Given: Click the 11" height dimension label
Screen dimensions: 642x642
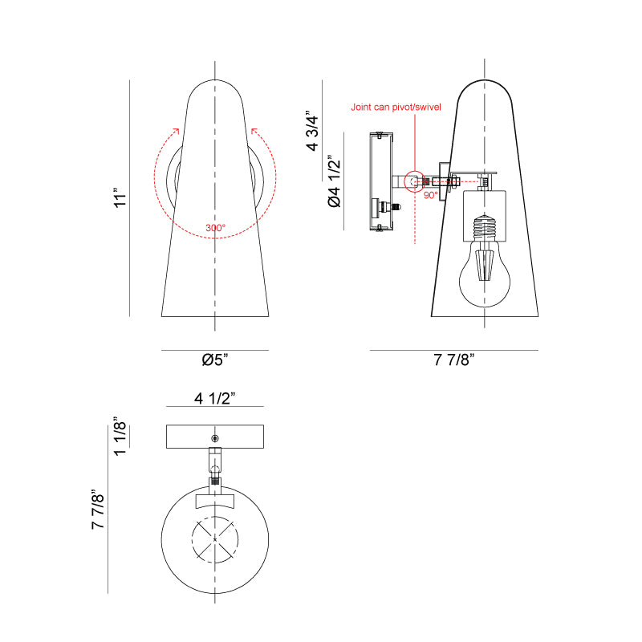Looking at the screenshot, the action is (120, 198).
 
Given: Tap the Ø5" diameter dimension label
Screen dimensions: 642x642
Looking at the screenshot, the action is (215, 360).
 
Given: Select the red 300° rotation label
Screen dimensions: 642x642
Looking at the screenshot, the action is (215, 228).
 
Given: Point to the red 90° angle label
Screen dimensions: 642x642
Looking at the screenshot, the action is (430, 195).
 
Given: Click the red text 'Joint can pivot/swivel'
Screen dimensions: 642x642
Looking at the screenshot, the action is (396, 108).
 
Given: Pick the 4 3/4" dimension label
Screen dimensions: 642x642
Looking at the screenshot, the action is (312, 131).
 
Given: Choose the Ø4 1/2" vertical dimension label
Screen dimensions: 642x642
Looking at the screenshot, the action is (334, 181).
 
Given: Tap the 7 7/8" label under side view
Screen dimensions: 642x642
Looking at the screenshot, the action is (454, 360).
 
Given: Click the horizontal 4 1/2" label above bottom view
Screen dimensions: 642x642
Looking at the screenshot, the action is (215, 398).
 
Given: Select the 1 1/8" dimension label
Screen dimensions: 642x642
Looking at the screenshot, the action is (120, 437).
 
